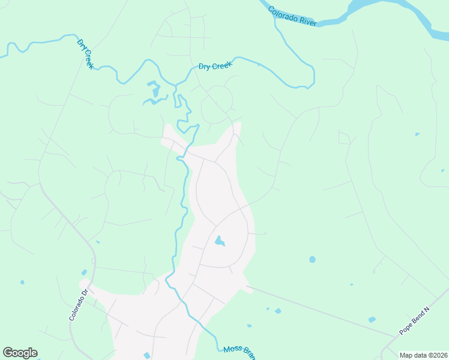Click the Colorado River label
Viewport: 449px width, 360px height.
click(x=292, y=16)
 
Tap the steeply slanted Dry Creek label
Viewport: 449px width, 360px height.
click(x=85, y=54)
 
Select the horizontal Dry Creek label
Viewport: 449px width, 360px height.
click(x=215, y=66)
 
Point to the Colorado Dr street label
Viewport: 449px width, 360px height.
click(x=78, y=305)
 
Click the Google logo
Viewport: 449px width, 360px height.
click(x=20, y=353)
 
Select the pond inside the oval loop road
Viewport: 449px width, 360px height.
click(x=220, y=241)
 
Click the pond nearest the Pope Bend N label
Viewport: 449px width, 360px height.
click(x=372, y=320)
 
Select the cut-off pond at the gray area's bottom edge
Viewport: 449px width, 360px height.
click(x=147, y=356)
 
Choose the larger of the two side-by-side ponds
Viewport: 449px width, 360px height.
click(x=277, y=311)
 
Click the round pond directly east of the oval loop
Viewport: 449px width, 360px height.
click(x=312, y=260)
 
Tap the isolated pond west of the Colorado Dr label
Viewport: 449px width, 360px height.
click(x=22, y=282)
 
